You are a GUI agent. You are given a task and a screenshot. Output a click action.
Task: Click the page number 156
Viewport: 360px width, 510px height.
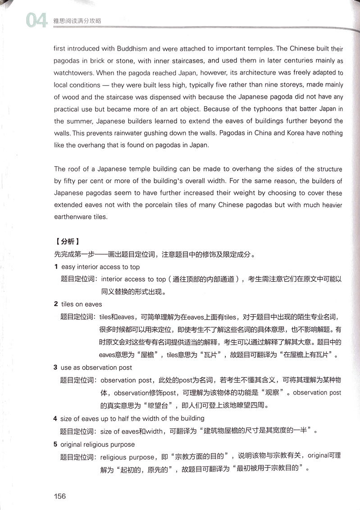click(x=59, y=496)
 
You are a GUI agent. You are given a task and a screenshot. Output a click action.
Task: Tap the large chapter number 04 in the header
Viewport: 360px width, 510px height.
click(x=36, y=21)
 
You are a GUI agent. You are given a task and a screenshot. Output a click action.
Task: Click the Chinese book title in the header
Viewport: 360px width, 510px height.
click(x=77, y=21)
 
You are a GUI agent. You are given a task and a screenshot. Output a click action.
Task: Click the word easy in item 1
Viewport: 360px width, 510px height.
click(x=69, y=267)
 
